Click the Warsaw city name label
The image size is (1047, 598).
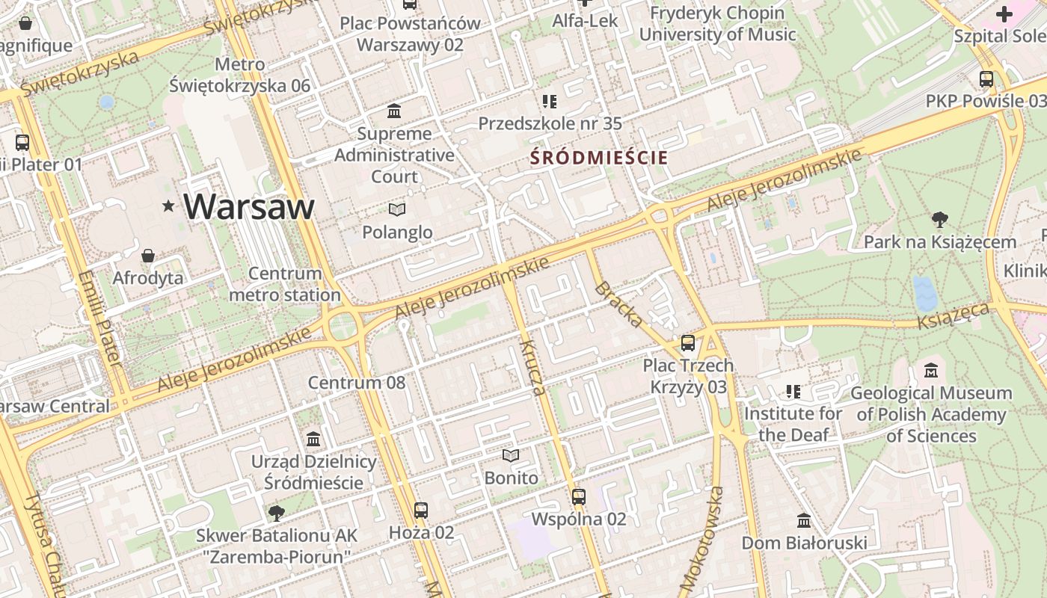249,206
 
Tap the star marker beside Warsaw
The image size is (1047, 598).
169,206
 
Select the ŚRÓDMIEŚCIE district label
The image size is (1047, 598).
598,158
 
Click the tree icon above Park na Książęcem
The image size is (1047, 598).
939,220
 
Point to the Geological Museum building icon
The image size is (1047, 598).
931,370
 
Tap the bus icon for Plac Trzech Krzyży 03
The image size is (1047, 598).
687,343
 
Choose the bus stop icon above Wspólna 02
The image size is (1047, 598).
578,496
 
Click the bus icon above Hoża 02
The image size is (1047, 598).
421,511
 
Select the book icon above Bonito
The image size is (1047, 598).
511,455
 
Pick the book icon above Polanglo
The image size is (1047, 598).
397,210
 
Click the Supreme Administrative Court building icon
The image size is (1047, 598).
393,111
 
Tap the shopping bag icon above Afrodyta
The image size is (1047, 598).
148,256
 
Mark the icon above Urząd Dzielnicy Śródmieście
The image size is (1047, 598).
313,439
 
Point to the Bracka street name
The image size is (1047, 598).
618,304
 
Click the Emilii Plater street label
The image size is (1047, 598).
99,318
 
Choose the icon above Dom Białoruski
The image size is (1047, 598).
804,520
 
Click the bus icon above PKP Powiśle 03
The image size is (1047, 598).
986,78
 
